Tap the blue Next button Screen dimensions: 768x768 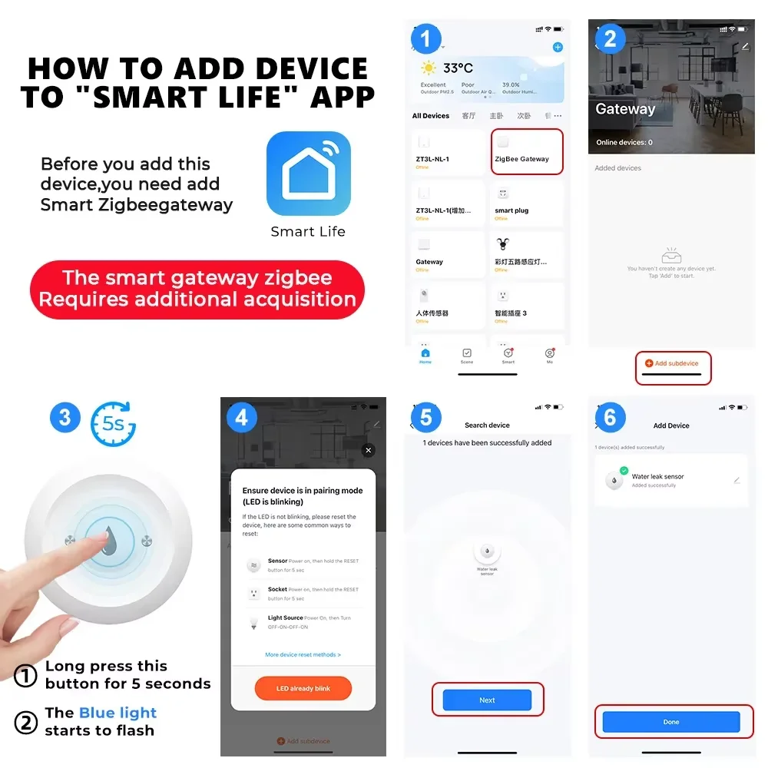tap(487, 700)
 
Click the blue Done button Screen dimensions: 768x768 tap(670, 722)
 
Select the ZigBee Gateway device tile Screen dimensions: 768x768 tap(526, 151)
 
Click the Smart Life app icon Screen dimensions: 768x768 tap(308, 174)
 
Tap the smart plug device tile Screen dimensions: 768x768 tap(526, 203)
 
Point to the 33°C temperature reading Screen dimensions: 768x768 tap(458, 67)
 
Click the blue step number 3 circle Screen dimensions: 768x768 tap(65, 417)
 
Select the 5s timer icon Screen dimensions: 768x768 tap(113, 423)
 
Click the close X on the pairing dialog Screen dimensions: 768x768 tap(369, 450)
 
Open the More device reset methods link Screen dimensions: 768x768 tap(303, 654)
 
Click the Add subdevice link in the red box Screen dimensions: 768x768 tap(673, 363)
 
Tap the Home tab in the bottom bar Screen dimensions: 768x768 tap(425, 356)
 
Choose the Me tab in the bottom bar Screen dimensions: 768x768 tap(549, 356)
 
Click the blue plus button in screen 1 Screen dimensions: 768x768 tap(558, 47)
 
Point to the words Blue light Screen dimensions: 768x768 tap(118, 713)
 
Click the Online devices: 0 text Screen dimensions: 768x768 tap(624, 142)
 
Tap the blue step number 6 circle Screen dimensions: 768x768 tap(611, 417)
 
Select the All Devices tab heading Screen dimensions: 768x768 tap(430, 116)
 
